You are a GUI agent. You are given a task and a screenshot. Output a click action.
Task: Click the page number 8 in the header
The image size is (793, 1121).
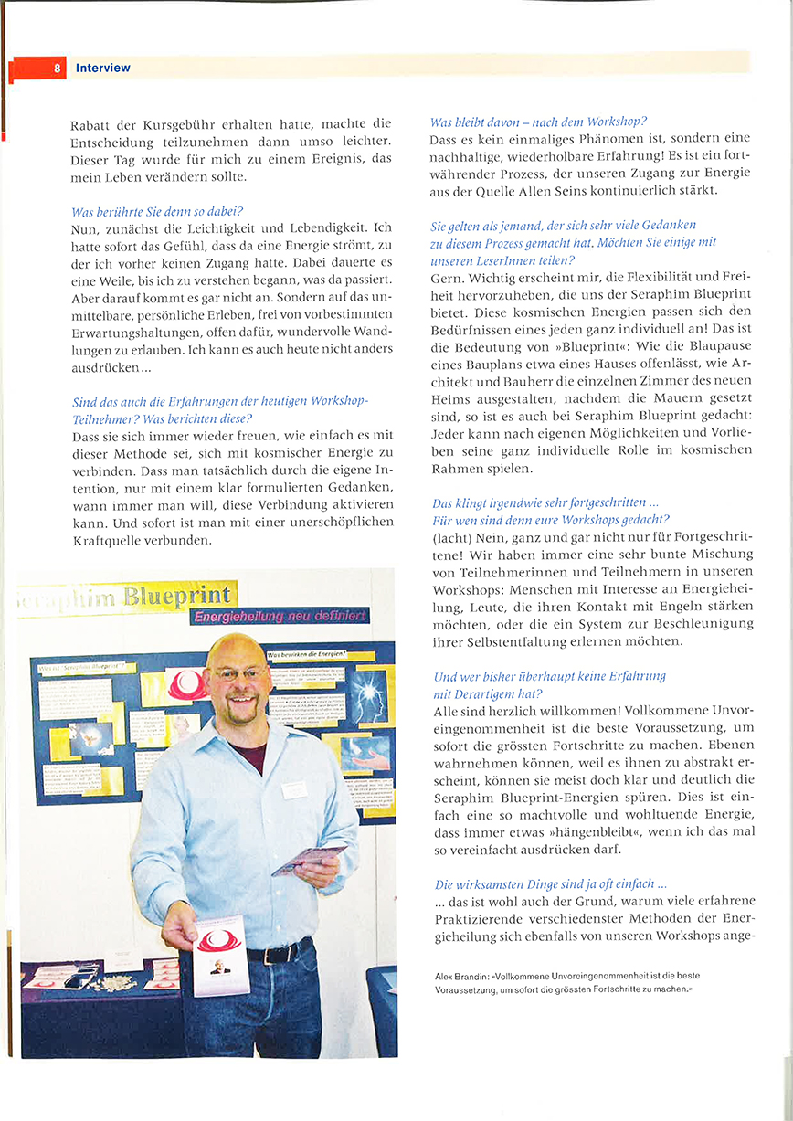point(57,69)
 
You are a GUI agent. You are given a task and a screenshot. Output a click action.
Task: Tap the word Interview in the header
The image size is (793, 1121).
point(102,69)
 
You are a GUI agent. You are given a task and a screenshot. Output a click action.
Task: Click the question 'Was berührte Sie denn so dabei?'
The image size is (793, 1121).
point(156,211)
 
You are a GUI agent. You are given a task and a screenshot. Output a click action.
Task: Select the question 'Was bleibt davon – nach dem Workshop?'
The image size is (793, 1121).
point(538,122)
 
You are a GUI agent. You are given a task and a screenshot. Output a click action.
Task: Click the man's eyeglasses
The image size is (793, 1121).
point(239,674)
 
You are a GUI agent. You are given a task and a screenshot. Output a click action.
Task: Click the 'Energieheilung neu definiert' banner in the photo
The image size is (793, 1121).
point(280,617)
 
